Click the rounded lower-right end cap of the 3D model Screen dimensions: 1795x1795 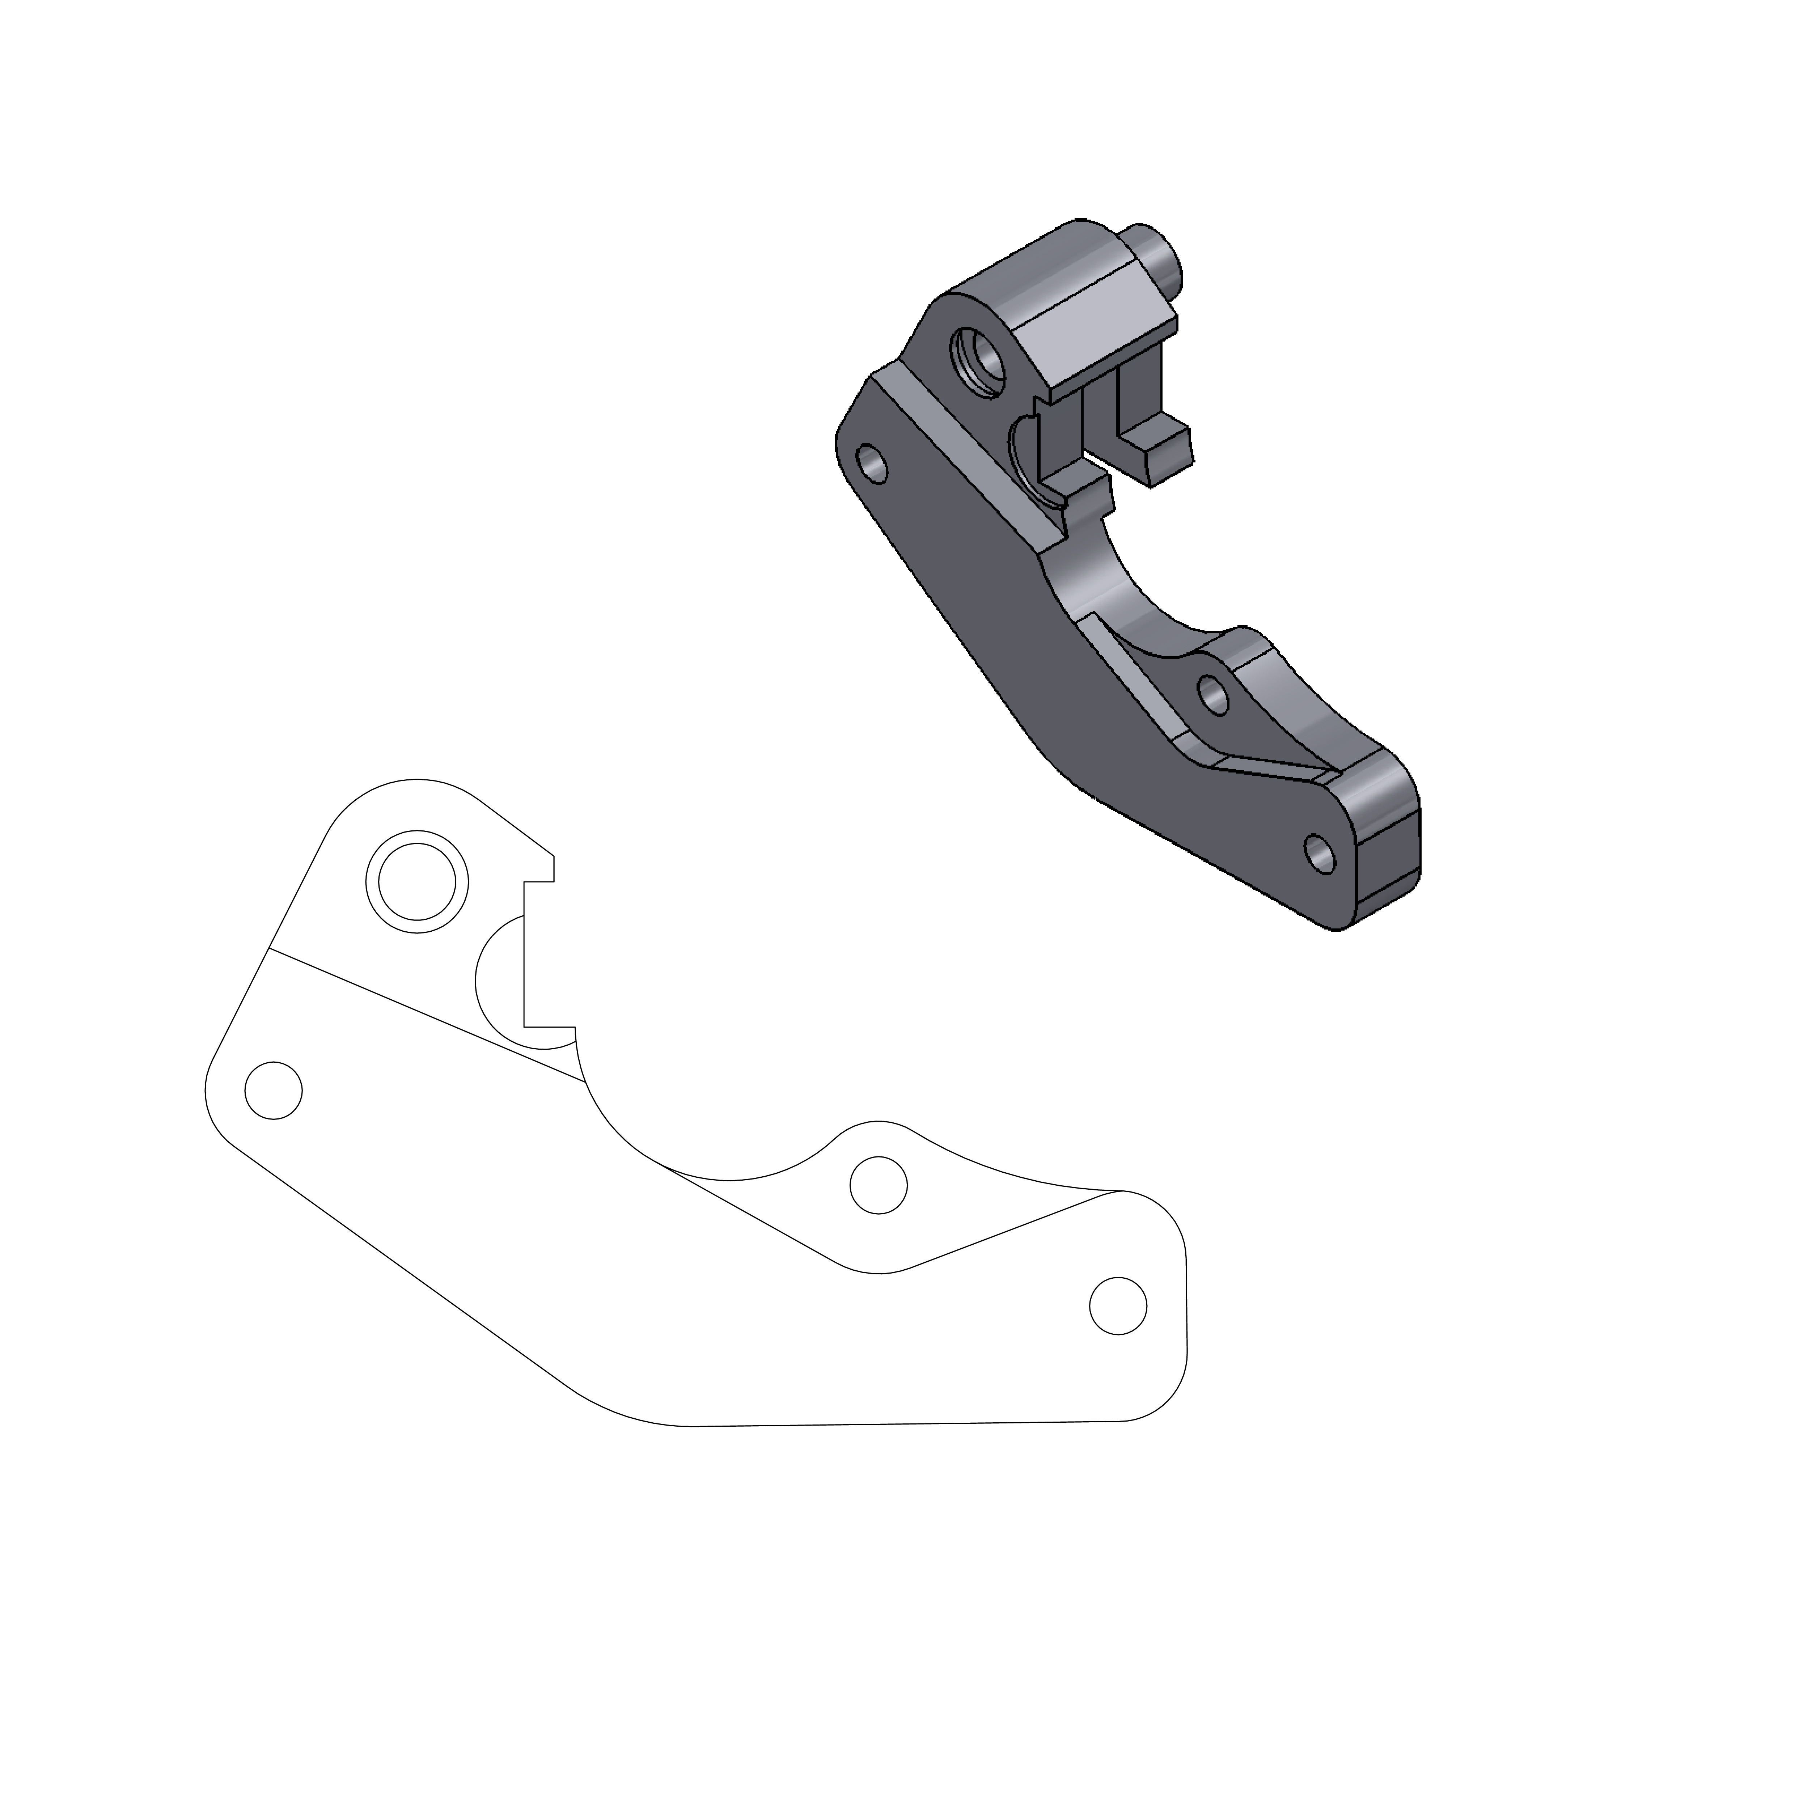coord(1384,836)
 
